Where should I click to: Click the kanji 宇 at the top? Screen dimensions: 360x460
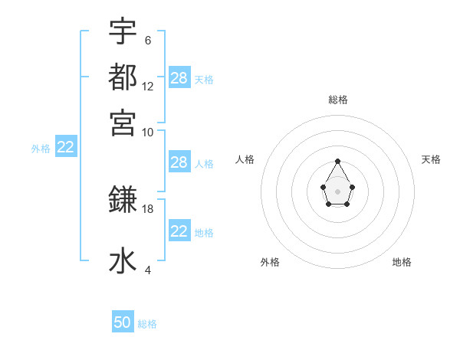pyautogui.click(x=123, y=33)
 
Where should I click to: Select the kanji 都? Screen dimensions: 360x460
pyautogui.click(x=123, y=77)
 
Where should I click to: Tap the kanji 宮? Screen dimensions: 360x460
pyautogui.click(x=123, y=123)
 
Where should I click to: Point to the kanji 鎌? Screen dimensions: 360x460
pyautogui.click(x=123, y=201)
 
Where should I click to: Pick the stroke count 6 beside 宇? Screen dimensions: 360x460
pyautogui.click(x=148, y=41)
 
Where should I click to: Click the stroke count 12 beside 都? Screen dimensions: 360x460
pyautogui.click(x=148, y=87)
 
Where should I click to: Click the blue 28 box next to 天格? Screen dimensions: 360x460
pyautogui.click(x=179, y=78)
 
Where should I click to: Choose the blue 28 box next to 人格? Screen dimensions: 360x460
pyautogui.click(x=179, y=162)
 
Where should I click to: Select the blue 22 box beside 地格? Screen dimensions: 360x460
pyautogui.click(x=179, y=231)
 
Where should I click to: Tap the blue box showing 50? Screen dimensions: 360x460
pyautogui.click(x=123, y=322)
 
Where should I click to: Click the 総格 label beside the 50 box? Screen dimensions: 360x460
pyautogui.click(x=147, y=324)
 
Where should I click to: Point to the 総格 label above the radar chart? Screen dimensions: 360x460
pyautogui.click(x=338, y=100)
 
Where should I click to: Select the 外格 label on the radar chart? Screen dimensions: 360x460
pyautogui.click(x=270, y=262)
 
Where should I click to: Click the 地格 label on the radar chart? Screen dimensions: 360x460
pyautogui.click(x=402, y=262)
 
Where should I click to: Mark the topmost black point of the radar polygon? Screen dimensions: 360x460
pyautogui.click(x=337, y=161)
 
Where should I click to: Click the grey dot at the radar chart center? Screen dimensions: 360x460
pyautogui.click(x=337, y=191)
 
